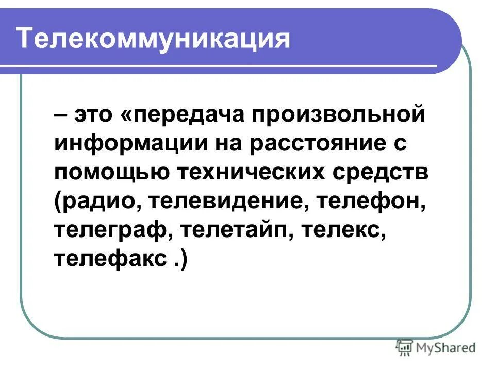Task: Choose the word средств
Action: pos(382,173)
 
